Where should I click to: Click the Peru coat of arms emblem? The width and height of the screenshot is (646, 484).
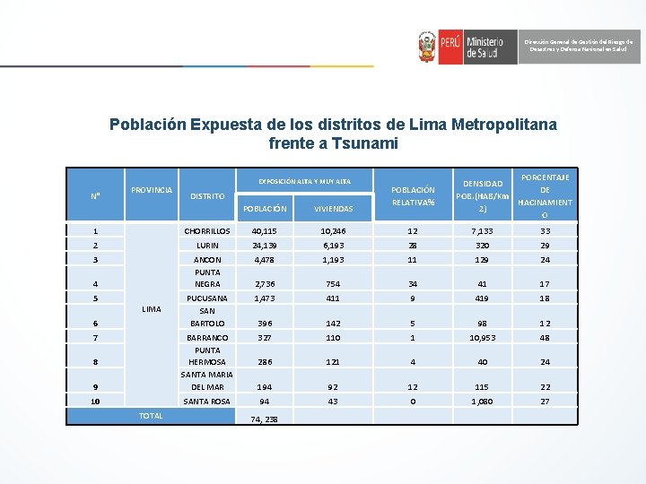coord(427,47)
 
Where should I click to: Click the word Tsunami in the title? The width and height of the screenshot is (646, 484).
coord(365,143)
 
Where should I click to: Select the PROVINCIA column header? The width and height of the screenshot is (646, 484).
coord(152,190)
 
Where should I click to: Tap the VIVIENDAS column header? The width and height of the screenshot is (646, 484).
coord(333,209)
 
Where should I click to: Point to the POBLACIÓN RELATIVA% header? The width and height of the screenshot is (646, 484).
coord(414,196)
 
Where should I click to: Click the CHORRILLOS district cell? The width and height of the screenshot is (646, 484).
coord(207,231)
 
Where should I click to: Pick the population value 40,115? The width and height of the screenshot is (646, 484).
coord(265,231)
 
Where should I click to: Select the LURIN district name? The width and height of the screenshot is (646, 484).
coord(207,245)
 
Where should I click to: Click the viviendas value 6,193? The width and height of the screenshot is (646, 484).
coord(332,245)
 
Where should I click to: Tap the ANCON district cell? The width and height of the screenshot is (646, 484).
coord(207,259)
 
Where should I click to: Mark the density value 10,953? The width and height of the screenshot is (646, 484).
coord(483,337)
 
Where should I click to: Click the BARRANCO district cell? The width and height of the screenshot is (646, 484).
coord(207,337)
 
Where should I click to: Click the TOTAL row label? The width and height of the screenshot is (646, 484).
coord(151,416)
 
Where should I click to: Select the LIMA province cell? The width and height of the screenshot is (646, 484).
coord(152,309)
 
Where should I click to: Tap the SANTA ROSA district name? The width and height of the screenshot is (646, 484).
coord(207,402)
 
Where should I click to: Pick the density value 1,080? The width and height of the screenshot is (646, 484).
coord(483,402)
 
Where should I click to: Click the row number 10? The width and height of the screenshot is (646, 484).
coord(95,402)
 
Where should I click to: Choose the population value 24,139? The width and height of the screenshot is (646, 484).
coord(265,245)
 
